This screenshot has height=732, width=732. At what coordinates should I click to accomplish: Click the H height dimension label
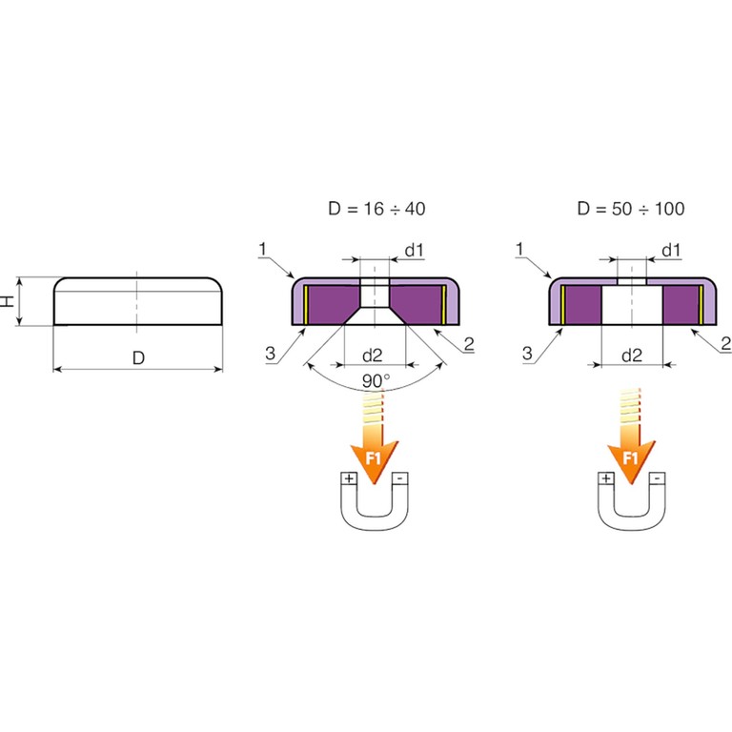[9, 301]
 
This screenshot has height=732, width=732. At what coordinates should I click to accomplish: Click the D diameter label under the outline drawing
[137, 358]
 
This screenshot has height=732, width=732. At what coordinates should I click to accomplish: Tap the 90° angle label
[375, 381]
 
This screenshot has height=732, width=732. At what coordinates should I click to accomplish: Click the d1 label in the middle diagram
[414, 251]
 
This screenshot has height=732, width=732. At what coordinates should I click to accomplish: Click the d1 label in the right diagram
[671, 251]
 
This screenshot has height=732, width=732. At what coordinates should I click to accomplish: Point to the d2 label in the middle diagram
[373, 356]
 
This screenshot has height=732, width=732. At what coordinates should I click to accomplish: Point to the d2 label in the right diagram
[631, 356]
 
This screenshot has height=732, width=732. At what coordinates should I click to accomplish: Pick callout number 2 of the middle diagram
[469, 344]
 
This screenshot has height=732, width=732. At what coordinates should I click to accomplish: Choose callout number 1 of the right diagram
[520, 249]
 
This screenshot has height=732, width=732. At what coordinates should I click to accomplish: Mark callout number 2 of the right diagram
[725, 344]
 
